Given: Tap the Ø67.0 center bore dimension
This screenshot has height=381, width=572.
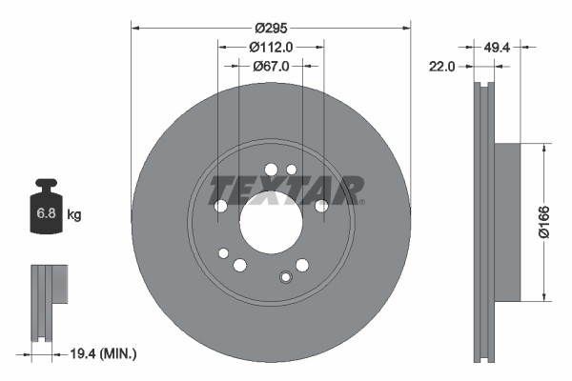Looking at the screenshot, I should tap(271, 66).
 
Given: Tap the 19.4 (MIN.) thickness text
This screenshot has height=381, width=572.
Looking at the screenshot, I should tap(104, 353).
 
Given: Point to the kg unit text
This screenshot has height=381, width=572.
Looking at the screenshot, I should tap(74, 215).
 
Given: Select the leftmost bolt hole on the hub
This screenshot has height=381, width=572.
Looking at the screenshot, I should tap(220, 206).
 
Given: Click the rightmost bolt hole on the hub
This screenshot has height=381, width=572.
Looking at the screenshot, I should tap(321, 206).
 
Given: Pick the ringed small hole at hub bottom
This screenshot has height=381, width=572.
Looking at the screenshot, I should tap(284, 277).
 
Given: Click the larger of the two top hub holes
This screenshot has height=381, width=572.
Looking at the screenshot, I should tap(271, 170).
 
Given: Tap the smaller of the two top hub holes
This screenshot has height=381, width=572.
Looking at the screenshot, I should tap(292, 170).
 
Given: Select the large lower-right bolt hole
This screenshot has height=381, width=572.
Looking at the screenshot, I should tap(302, 265).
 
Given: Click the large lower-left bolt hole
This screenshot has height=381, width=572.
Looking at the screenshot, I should tap(240, 265).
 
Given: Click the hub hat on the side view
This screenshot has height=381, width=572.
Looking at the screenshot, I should tap(509, 221).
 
